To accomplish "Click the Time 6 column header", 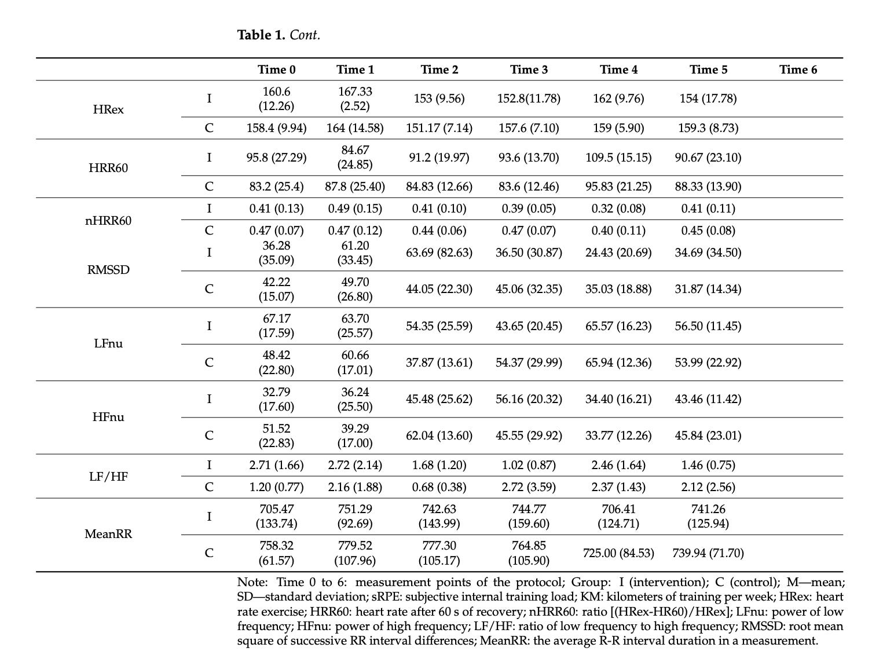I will (798, 69).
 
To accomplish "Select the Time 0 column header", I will (276, 69).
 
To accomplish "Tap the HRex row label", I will (108, 109).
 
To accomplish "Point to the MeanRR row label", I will (108, 534).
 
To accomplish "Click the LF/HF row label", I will (108, 476).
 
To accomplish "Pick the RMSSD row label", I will (108, 270).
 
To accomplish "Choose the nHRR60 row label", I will (108, 220).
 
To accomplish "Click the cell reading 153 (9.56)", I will (439, 98).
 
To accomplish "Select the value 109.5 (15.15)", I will (618, 158).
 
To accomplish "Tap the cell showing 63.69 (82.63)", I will (439, 253).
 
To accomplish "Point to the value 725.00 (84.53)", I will (618, 553).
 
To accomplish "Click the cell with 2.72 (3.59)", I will (529, 487).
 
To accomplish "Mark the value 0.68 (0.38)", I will (439, 487).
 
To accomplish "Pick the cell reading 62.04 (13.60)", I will (439, 436).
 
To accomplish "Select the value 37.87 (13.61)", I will (439, 363).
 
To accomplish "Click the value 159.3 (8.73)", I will (708, 128).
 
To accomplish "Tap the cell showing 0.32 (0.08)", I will (618, 208).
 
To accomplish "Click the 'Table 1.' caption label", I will (261, 35).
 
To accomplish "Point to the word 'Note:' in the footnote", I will (252, 582).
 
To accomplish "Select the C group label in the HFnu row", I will (209, 436).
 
